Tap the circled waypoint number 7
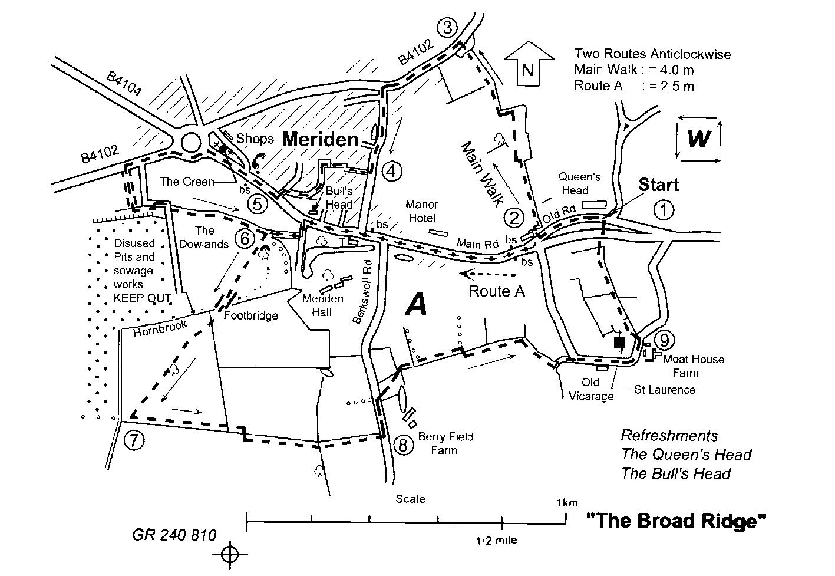coord(134,440)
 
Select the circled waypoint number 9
coord(664,340)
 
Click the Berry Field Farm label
coord(445,443)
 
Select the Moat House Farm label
coord(694,366)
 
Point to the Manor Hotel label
coord(422,211)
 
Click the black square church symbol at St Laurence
coord(619,342)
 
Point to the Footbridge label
coord(250,315)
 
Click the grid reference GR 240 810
coord(174,535)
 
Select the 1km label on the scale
coord(566,503)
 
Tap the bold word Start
coord(658,185)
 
